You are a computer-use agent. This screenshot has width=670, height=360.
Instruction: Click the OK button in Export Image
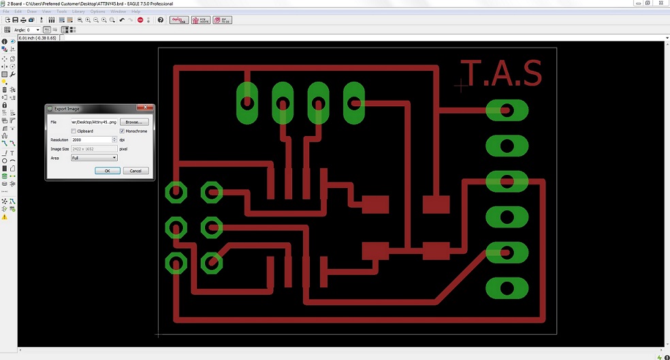[x=108, y=171]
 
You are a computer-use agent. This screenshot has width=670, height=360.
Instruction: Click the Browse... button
[x=134, y=122]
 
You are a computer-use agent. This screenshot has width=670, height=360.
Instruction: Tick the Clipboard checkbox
[x=74, y=131]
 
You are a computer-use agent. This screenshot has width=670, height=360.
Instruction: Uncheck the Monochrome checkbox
[x=123, y=131]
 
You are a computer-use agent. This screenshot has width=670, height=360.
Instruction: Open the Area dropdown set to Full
[x=94, y=158]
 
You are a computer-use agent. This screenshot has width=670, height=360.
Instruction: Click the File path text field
[x=94, y=122]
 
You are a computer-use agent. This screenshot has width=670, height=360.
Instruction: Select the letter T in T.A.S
[x=472, y=73]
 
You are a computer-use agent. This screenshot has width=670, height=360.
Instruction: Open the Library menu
[x=78, y=12]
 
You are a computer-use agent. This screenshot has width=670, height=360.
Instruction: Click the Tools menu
[x=62, y=12]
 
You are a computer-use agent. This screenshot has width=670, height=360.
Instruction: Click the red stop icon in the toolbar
[x=140, y=20]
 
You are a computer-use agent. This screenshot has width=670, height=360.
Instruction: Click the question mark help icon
[x=161, y=20]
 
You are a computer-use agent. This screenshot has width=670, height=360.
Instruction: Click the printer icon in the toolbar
[x=23, y=20]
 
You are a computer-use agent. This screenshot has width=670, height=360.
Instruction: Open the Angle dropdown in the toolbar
[x=37, y=30]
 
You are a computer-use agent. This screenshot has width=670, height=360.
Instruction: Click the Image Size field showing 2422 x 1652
[x=94, y=148]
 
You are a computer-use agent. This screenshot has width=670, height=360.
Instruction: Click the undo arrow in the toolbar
[x=122, y=20]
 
